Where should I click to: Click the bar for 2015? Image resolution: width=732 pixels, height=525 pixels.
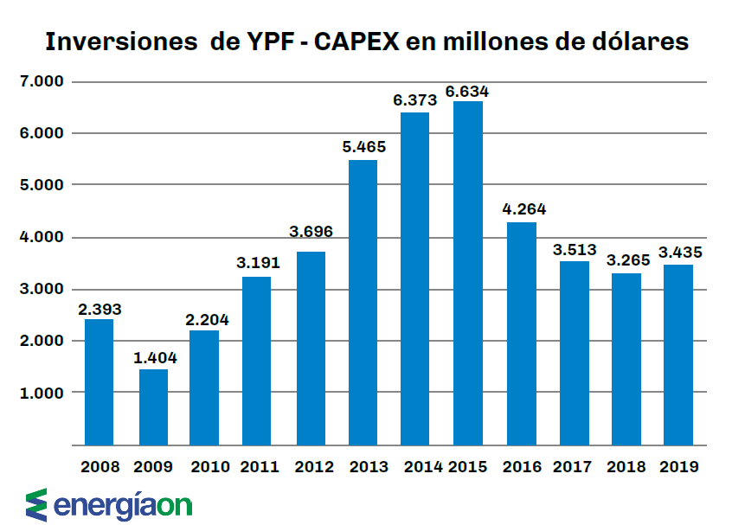pos(467,272)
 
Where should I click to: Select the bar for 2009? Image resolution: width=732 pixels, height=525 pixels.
pos(153,407)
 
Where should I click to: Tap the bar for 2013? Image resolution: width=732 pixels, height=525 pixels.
pos(363,302)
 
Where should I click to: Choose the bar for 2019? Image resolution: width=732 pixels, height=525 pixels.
pos(678,355)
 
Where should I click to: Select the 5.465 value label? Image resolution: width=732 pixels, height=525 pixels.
pos(363,147)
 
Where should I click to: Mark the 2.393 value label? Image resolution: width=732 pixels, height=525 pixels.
pos(99,308)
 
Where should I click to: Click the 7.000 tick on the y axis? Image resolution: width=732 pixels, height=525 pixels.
pos(42,82)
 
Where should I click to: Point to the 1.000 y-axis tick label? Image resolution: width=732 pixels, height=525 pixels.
pos(42,393)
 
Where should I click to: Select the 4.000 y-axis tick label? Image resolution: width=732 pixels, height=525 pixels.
pos(42,237)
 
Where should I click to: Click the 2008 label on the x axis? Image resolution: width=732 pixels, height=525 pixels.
pos(100,467)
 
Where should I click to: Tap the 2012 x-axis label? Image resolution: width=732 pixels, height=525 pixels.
pos(313,467)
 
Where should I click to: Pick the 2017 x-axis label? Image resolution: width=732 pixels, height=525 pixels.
pos(572,467)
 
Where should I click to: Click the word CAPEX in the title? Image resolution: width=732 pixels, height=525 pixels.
pos(354,42)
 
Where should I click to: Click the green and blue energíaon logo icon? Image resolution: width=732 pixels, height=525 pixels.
pos(36,504)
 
